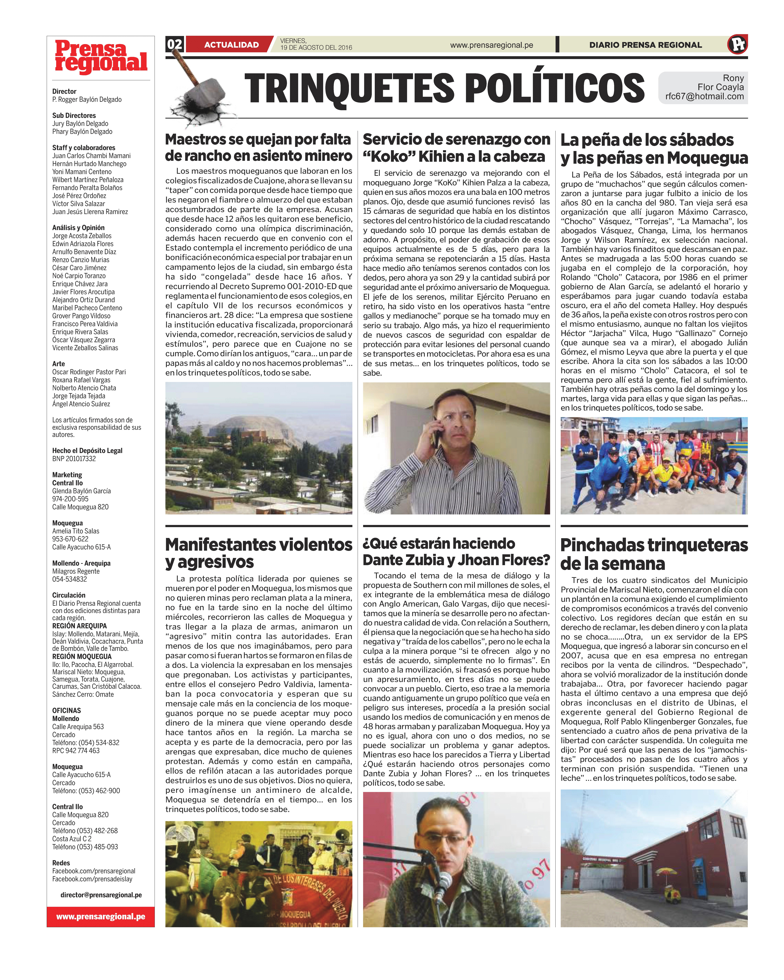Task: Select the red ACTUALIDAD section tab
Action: [x=231, y=45]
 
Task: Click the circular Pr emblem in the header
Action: [x=737, y=45]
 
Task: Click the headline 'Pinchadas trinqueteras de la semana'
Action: [x=654, y=554]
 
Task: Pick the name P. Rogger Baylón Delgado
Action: [x=87, y=100]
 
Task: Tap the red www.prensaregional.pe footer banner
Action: [x=101, y=916]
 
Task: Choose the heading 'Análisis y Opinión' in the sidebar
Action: [x=78, y=228]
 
